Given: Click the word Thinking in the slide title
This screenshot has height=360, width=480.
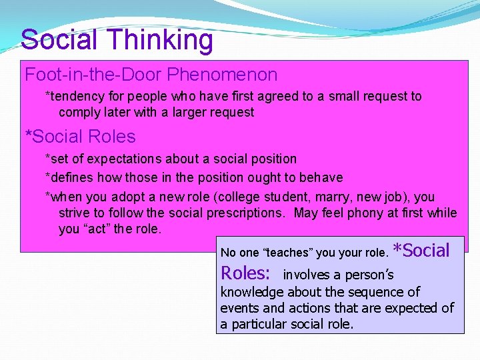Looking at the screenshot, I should click(x=162, y=40).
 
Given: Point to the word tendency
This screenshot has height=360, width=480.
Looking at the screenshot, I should click(x=73, y=96).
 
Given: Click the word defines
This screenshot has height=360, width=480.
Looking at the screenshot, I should click(x=70, y=177).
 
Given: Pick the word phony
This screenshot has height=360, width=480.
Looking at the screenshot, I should click(x=364, y=213).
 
